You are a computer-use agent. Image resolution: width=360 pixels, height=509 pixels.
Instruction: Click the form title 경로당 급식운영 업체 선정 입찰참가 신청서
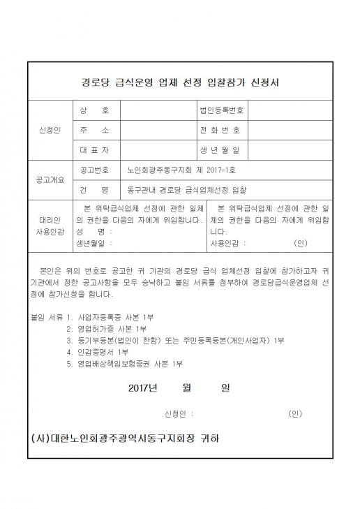[180, 82]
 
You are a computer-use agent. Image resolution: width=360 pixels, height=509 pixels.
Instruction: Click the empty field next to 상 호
[158, 111]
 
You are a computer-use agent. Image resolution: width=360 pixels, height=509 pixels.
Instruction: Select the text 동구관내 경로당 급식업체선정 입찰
[186, 189]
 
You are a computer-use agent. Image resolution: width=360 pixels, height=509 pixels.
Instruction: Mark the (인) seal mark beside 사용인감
[301, 244]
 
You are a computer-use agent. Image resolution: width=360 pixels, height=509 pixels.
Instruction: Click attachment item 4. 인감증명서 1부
[98, 352]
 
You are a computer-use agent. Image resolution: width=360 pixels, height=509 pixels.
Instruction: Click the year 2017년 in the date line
[144, 388]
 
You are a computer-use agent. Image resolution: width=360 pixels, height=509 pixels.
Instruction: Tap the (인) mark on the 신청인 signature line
[295, 413]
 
